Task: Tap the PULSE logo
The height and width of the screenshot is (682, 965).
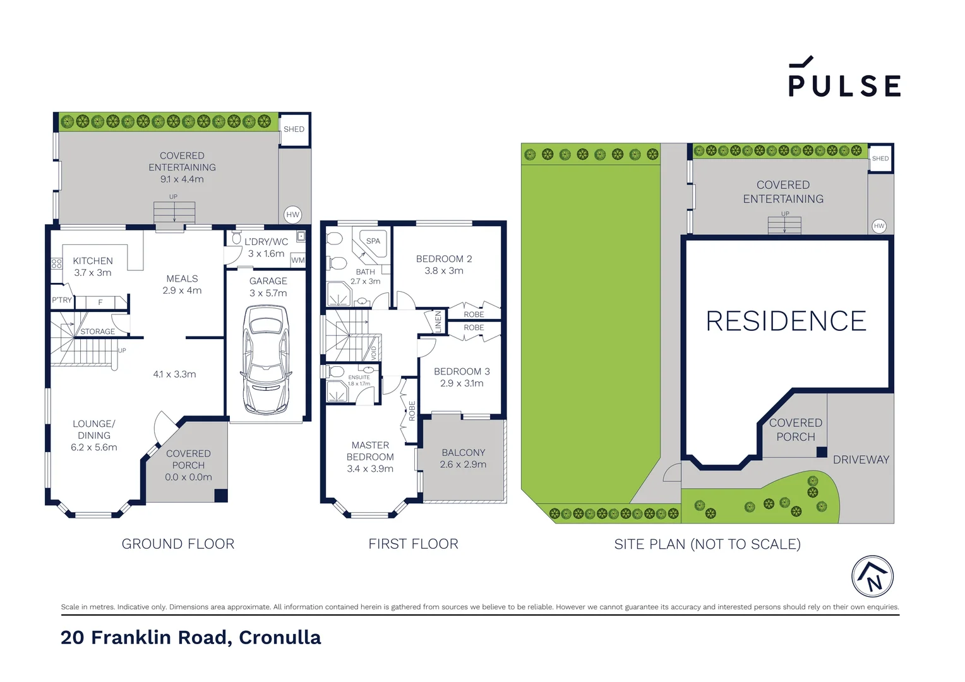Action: point(844,79)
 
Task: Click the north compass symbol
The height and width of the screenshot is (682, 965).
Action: point(872,577)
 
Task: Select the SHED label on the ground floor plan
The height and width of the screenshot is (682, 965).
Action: point(294,129)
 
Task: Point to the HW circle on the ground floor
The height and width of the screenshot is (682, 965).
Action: point(292,215)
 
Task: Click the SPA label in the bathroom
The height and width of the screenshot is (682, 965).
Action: point(373,241)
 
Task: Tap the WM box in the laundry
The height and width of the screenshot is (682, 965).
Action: point(298,260)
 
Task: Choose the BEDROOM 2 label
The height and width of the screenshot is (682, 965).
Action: point(444,259)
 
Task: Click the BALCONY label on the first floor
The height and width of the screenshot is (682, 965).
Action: point(464,453)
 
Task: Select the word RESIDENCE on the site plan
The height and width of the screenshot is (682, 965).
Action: point(786,321)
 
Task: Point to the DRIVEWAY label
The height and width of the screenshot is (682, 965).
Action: point(861,460)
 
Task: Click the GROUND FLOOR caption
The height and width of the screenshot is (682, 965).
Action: point(178,544)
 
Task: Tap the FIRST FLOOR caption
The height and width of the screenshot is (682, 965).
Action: point(413,544)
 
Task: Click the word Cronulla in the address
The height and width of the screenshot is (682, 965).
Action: point(280,638)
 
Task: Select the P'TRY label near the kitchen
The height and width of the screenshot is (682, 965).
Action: point(62,301)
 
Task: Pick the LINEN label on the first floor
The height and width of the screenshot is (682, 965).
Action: point(438,321)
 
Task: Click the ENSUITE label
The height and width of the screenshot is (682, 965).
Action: point(359,378)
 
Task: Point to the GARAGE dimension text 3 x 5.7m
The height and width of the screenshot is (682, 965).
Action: point(268,293)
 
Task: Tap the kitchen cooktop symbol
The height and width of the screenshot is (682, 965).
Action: point(57,263)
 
